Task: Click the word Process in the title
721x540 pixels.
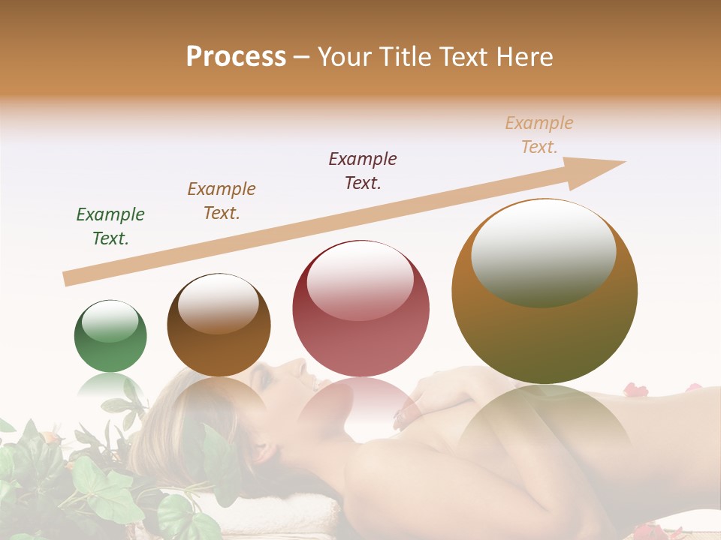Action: tap(236, 57)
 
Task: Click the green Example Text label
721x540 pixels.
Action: tap(110, 226)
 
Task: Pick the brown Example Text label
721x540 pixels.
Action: tap(221, 201)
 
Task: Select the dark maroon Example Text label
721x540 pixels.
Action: tap(363, 171)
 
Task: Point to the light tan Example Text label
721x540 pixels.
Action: tap(539, 135)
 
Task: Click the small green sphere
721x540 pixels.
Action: tap(110, 336)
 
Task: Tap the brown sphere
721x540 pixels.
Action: tap(219, 325)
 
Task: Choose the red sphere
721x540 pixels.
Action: tap(360, 309)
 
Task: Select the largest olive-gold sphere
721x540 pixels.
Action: tap(545, 291)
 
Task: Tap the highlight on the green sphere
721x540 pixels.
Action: tap(110, 322)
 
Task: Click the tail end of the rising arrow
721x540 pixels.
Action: tap(68, 279)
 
